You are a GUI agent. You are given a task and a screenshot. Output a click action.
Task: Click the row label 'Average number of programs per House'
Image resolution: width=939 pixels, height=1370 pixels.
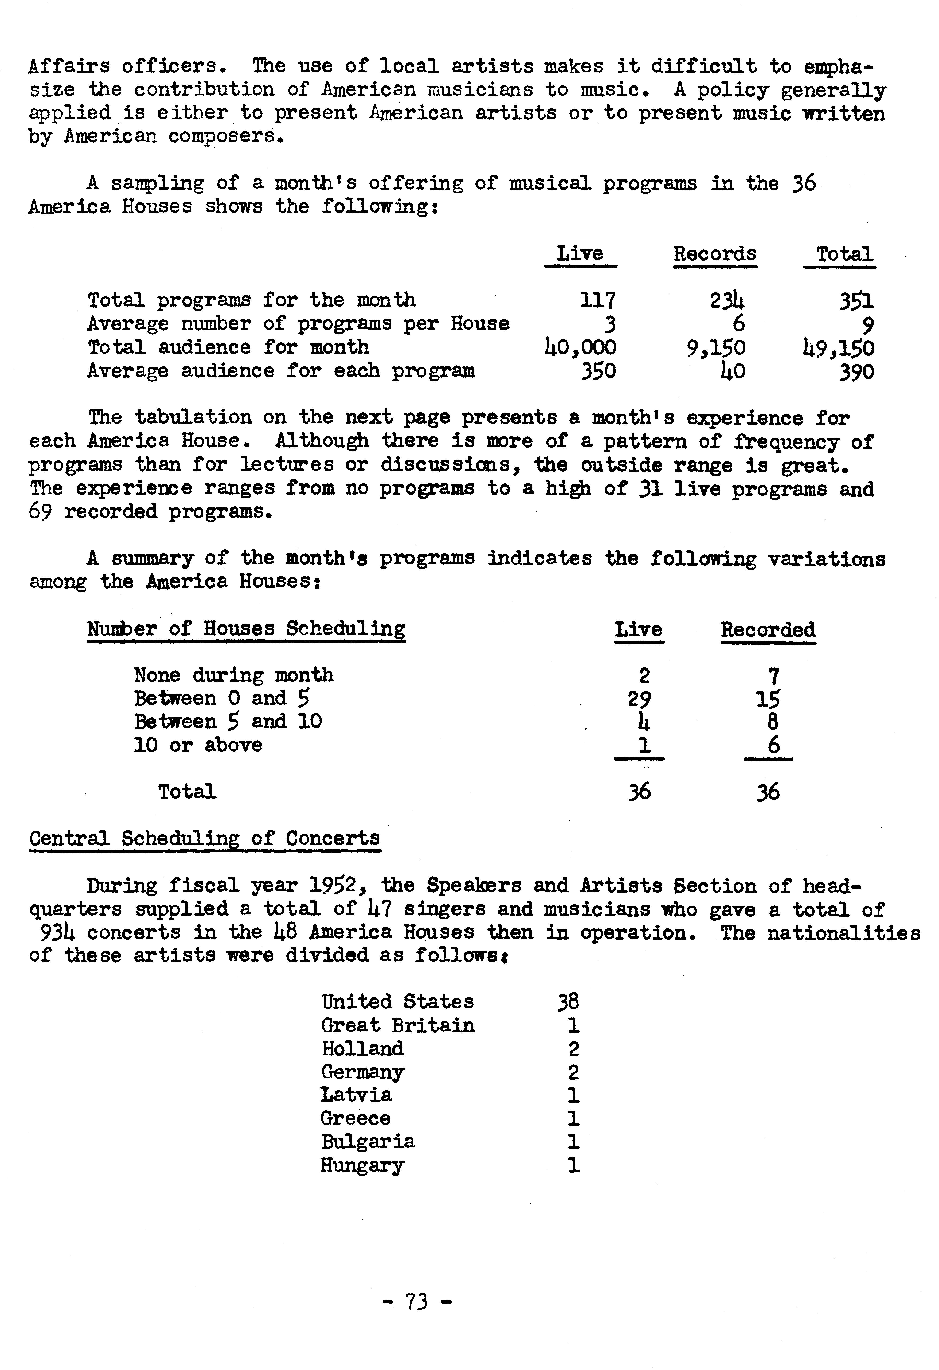(x=298, y=324)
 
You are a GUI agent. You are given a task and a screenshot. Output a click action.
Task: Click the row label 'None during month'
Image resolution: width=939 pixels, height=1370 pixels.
(x=234, y=675)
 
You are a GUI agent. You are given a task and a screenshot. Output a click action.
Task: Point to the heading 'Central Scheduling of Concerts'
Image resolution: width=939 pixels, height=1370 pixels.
(x=205, y=838)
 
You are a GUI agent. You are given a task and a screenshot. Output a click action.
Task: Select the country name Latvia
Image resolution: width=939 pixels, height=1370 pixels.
(x=356, y=1095)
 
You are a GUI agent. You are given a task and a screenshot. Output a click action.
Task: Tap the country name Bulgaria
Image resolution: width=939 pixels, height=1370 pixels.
(x=368, y=1142)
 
